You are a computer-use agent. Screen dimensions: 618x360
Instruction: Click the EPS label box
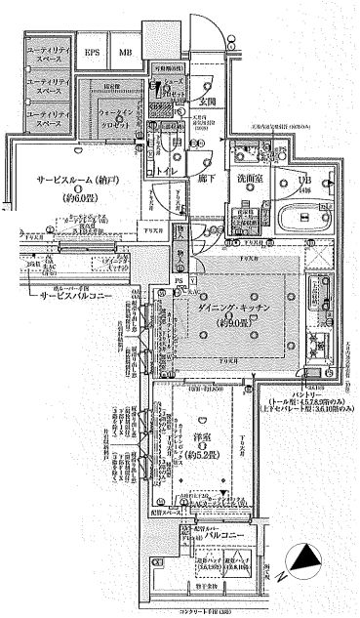point(94,52)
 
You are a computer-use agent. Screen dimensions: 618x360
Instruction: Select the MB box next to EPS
point(125,52)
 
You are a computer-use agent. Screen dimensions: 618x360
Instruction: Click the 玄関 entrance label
point(208,102)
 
